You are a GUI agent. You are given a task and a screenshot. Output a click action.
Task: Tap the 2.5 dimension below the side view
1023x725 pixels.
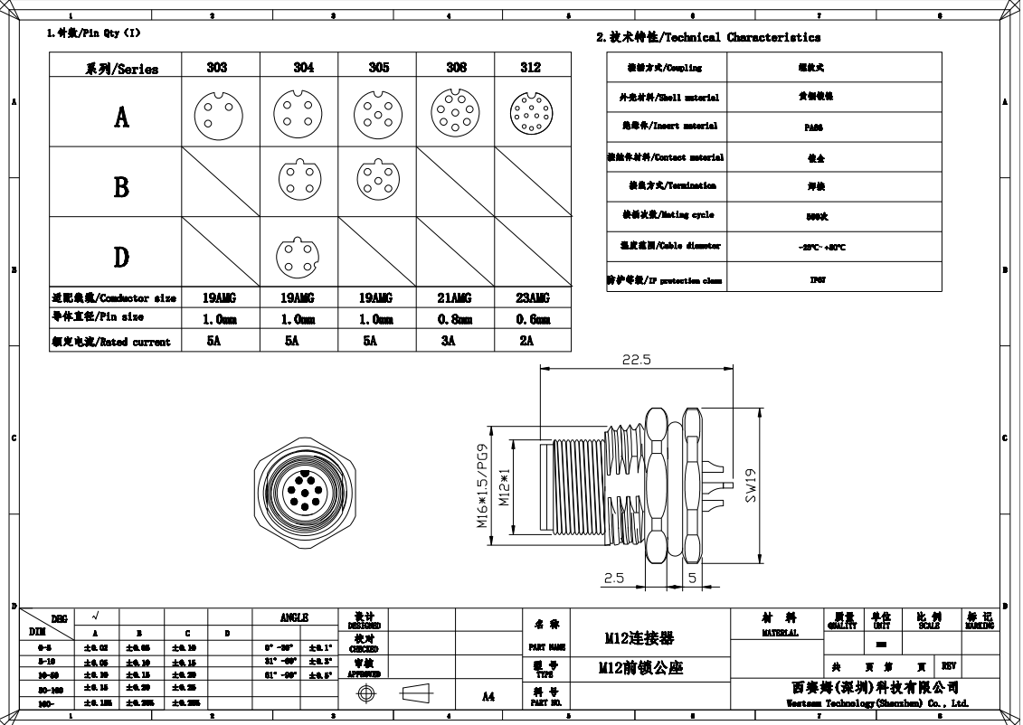coord(614,579)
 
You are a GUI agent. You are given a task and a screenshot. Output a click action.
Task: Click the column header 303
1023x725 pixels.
coord(217,68)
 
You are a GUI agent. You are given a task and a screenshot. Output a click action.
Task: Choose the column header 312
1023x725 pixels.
coord(531,68)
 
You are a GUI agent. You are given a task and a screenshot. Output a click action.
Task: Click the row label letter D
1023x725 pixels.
coord(121,257)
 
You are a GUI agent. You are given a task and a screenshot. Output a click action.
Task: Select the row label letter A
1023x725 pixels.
coord(121,117)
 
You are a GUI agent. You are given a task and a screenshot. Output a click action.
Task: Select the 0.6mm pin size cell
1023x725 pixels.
coord(532,319)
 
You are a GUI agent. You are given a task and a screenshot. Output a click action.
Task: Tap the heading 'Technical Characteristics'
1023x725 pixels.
coord(708,38)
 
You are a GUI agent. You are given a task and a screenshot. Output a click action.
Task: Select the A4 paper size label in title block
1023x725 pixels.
coord(488,696)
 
